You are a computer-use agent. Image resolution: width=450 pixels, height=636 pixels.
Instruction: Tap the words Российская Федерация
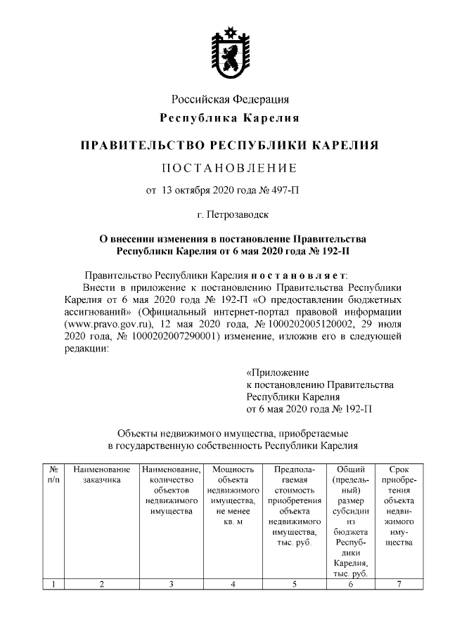coord(231,99)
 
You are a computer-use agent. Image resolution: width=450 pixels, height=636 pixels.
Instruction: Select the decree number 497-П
coord(285,190)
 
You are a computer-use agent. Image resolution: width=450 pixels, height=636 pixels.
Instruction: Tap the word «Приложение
coord(278,372)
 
